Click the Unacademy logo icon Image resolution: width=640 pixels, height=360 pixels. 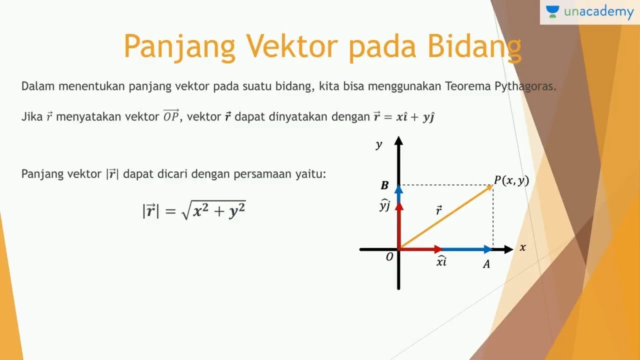[552, 12]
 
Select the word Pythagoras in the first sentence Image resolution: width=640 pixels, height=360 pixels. [525, 86]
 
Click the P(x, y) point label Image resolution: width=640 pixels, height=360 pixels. [511, 180]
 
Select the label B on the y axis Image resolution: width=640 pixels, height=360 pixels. [384, 186]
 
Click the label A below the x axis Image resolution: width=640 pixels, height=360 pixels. [486, 265]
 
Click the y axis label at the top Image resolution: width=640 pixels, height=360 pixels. [379, 145]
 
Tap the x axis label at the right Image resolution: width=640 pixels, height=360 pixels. [522, 247]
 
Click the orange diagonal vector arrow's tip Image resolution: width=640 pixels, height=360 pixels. [491, 186]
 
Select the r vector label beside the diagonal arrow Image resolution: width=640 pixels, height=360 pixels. [438, 210]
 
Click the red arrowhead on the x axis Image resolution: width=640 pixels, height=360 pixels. [438, 249]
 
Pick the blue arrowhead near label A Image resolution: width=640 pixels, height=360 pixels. [488, 249]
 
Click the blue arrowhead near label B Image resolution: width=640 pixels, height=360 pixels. [398, 189]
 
